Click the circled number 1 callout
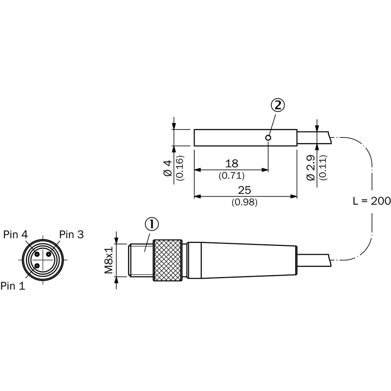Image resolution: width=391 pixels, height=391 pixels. [152, 224]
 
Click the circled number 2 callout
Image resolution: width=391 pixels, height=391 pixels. [278, 106]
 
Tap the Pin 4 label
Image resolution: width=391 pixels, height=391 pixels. [16, 235]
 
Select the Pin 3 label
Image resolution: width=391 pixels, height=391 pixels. [71, 235]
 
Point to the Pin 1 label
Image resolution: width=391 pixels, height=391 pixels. [13, 286]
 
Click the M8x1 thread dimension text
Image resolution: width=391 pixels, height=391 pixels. [109, 260]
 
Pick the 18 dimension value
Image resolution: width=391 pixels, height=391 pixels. [232, 164]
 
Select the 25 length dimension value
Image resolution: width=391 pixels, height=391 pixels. [244, 190]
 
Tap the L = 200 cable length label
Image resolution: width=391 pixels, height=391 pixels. [372, 201]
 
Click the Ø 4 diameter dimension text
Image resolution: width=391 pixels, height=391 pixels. [168, 168]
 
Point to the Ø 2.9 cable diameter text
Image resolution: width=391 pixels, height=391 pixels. [311, 168]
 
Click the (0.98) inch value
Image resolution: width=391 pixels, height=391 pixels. [244, 202]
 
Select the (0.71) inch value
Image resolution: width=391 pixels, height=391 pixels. [232, 175]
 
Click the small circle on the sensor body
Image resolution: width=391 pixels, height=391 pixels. [268, 138]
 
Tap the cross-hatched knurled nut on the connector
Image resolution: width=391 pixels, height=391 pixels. [168, 260]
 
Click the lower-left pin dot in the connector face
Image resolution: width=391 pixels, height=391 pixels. [37, 266]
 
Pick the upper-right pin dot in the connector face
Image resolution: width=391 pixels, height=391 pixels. [49, 254]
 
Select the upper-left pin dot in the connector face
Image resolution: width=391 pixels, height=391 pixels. [37, 254]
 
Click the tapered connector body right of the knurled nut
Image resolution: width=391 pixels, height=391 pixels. [242, 260]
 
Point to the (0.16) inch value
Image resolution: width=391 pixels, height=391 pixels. [180, 168]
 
